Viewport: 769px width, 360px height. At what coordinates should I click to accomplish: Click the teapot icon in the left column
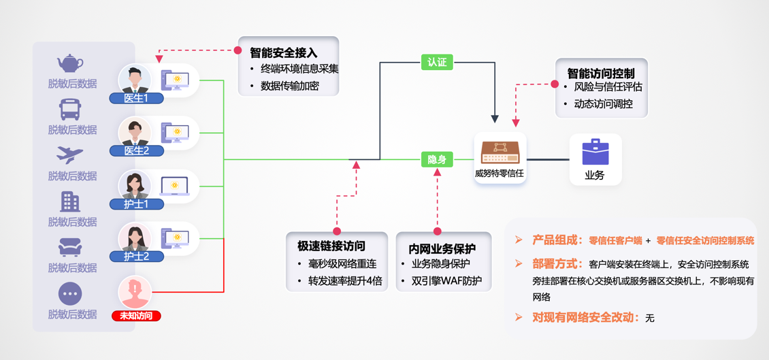(69, 63)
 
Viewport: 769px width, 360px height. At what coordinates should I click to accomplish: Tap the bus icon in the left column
(70, 109)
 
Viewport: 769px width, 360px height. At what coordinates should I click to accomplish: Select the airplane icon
(70, 155)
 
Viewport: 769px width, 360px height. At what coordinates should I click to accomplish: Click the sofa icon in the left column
(70, 247)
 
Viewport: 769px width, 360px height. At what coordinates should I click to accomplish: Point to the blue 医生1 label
(136, 98)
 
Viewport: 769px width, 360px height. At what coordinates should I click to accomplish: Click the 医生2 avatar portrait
(135, 132)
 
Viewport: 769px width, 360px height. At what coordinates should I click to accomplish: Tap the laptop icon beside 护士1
(175, 185)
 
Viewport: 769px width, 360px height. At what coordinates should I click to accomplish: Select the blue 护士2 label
(136, 257)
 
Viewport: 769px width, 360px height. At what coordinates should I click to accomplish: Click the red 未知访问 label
(136, 316)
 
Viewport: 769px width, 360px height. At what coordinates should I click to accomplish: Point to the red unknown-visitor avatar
(135, 291)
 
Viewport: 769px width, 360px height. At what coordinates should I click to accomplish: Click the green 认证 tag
(437, 63)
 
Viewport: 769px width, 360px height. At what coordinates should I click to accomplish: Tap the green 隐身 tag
(437, 160)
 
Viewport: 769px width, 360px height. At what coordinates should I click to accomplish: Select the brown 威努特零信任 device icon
(500, 152)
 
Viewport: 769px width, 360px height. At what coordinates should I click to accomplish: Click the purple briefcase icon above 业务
(595, 152)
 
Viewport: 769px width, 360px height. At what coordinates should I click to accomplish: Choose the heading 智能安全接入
(283, 52)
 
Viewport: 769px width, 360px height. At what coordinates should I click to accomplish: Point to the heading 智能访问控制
(601, 73)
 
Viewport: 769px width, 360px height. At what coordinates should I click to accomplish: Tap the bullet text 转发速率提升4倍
(345, 281)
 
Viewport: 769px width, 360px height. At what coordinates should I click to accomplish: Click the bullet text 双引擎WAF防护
(446, 281)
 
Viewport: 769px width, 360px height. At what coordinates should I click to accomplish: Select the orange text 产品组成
(557, 240)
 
